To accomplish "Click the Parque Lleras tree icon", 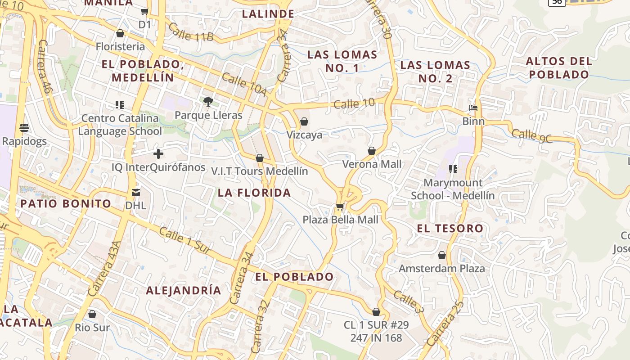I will [208, 102].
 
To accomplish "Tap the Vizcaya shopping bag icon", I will [304, 121].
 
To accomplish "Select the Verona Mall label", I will [372, 164].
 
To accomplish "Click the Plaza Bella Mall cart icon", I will [340, 207].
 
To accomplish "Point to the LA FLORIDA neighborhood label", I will [254, 193].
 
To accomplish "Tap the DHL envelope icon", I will [136, 193].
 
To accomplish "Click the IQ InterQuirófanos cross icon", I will [158, 154].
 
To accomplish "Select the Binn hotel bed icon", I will [473, 108].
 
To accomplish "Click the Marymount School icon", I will [453, 169].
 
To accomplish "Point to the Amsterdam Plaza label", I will [442, 269].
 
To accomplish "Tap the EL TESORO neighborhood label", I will [450, 228].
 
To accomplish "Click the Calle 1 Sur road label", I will [185, 243].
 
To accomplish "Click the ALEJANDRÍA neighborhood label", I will [184, 290].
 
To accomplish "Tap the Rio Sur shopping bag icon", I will [92, 314].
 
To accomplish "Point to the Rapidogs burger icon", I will [24, 128].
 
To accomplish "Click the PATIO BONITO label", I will [66, 203].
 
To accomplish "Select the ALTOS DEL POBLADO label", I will [558, 67].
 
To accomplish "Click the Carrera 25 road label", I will [445, 324].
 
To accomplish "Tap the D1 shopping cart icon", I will [145, 12].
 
